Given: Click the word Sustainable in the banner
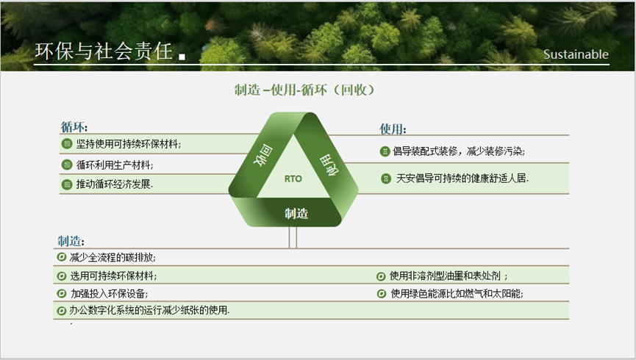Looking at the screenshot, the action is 576,54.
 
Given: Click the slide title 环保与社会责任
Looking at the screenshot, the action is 104,51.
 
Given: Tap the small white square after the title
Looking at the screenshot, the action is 182,57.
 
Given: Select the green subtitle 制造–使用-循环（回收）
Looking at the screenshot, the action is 304,90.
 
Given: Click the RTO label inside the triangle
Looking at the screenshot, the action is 293,179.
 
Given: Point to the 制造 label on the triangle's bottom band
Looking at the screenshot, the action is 296,213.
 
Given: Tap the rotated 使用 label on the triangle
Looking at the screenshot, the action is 329,165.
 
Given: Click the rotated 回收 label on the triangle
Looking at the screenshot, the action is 263,155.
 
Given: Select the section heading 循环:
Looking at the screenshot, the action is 74,127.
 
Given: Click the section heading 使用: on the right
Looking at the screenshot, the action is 393,129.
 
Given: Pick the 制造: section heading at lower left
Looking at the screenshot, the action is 71,241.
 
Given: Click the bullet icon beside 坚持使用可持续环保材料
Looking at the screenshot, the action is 67,143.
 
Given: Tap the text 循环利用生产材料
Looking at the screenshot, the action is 115,165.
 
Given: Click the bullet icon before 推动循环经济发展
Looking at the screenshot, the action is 67,184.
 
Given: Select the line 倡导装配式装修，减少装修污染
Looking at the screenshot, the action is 459,151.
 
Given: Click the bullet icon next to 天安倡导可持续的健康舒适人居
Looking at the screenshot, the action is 386,179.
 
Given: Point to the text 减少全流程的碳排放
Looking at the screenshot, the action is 112,257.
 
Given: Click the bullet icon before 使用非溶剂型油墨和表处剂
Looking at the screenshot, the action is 381,276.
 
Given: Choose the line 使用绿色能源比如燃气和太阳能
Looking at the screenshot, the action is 457,294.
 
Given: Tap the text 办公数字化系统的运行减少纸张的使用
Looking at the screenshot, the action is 149,311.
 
